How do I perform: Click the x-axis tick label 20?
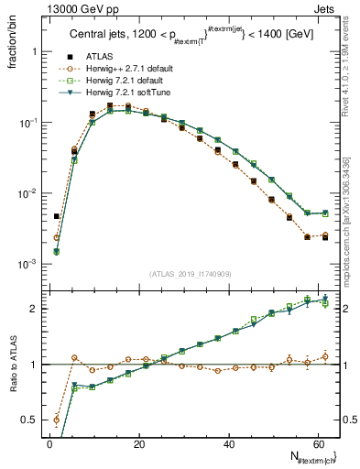tap(139, 442)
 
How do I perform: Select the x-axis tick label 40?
tap(229, 442)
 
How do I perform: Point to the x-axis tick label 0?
tap(49, 442)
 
